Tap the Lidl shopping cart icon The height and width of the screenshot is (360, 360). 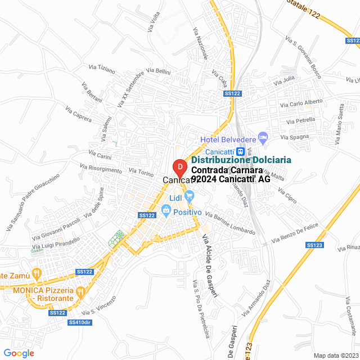click(x=189, y=196)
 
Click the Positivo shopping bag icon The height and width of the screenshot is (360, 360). click(x=166, y=211)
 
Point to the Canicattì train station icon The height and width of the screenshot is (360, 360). click(x=240, y=151)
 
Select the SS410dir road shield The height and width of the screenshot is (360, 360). click(x=79, y=322)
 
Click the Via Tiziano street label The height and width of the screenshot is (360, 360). click(x=102, y=70)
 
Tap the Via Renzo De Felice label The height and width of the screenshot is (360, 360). click(x=295, y=233)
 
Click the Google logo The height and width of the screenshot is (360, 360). click(x=19, y=353)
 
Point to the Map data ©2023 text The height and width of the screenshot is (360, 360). click(x=335, y=355)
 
